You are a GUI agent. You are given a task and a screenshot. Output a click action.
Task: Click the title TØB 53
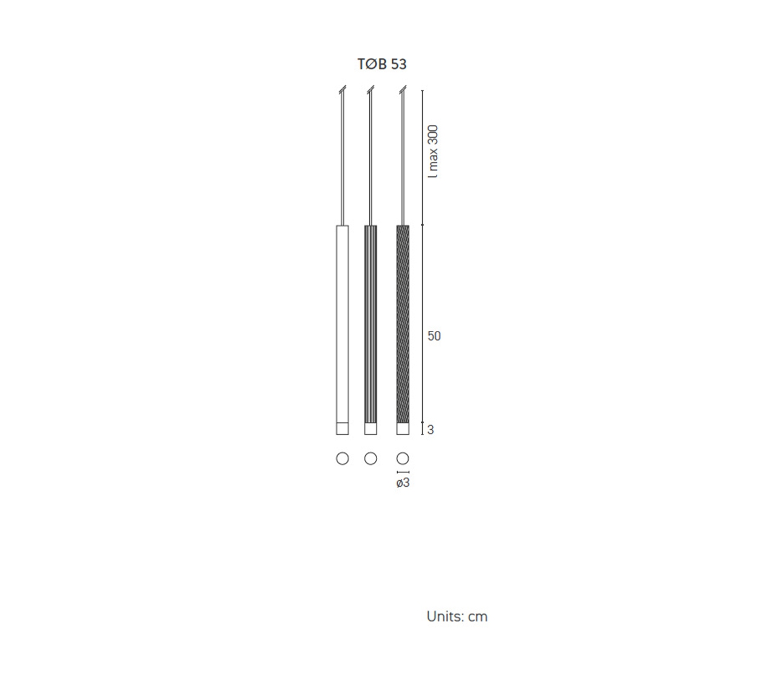382,64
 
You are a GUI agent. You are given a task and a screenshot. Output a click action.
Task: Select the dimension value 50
434,336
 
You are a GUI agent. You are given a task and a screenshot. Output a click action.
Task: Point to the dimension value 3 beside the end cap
431,430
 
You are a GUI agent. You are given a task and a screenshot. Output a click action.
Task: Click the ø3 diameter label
403,483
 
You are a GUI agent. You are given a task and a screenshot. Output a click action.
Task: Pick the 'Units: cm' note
457,617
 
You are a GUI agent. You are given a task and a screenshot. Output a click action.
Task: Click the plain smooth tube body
343,324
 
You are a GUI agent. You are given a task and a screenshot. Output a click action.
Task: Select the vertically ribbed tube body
371,324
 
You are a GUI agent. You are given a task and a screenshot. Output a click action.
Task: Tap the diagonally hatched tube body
403,324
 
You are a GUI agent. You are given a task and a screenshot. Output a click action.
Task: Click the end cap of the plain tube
343,429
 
